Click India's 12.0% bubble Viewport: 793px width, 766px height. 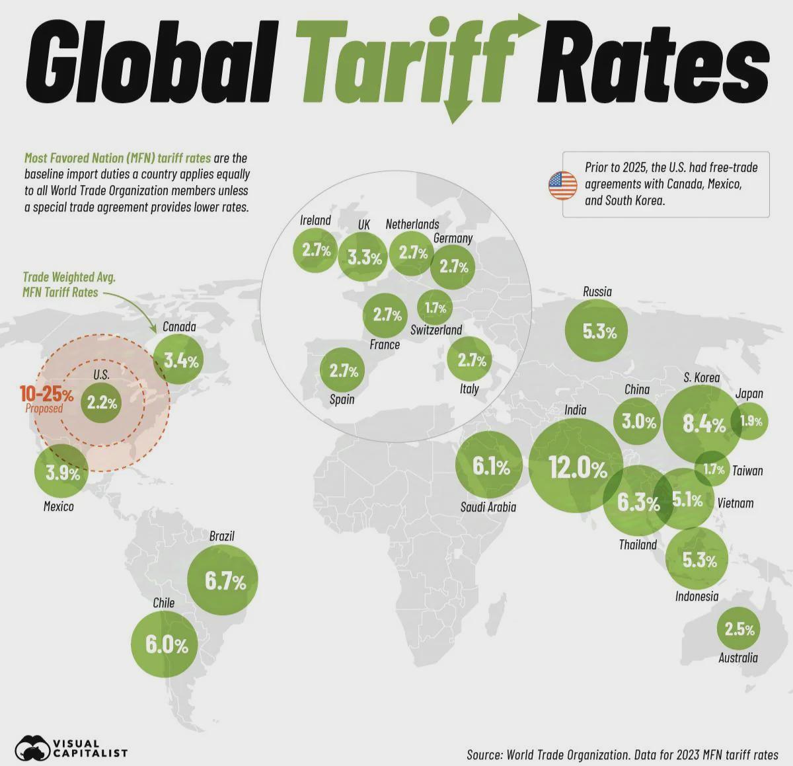pos(576,468)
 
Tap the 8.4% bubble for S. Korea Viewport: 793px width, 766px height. pos(702,424)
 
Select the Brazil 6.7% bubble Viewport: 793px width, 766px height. pos(223,580)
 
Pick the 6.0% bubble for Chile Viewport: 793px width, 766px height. pos(165,644)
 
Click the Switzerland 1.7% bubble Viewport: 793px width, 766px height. pos(435,307)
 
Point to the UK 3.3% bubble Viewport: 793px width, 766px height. pos(363,258)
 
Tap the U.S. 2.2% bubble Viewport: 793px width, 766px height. pos(102,402)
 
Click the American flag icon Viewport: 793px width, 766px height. pos(563,186)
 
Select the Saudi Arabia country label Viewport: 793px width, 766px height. pos(488,507)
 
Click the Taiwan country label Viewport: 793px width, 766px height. pos(747,471)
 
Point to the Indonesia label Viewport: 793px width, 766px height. pos(697,596)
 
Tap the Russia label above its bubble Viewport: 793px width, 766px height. pos(597,291)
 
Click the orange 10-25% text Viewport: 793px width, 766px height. pos(46,394)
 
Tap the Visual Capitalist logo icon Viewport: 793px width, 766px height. pos(33,747)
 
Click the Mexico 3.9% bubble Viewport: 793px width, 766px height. pos(61,473)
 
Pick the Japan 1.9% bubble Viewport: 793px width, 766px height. pos(750,421)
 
